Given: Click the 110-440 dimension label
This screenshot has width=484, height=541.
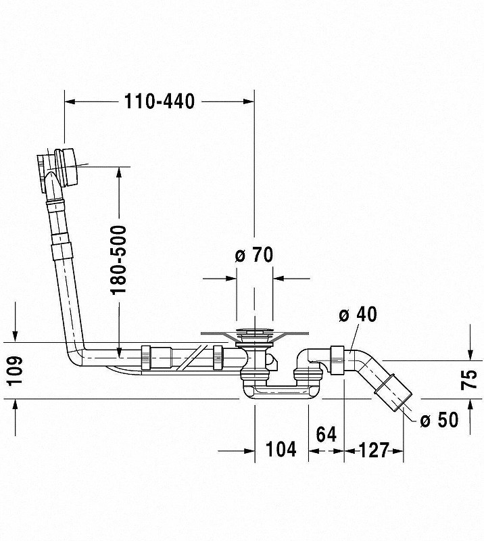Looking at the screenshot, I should click(160, 101).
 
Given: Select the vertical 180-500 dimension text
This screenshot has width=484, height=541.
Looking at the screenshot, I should click(119, 260).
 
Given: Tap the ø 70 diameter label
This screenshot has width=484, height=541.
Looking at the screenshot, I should click(253, 255).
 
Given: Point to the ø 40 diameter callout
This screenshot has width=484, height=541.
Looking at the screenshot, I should click(358, 314).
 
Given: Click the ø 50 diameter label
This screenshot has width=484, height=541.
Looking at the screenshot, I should click(439, 421).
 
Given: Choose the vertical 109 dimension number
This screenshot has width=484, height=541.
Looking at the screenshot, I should click(15, 371).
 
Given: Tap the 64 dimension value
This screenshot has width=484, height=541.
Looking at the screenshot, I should click(326, 435).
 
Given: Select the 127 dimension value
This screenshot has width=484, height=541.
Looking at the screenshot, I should click(374, 449).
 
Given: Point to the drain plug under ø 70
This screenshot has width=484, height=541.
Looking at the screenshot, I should click(253, 333).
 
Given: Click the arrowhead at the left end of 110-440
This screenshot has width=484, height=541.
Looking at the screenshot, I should click(69, 101).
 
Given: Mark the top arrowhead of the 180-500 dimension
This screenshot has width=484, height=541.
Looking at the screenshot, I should click(119, 174).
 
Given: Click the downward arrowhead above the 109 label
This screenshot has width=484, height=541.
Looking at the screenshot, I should click(15, 337).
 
